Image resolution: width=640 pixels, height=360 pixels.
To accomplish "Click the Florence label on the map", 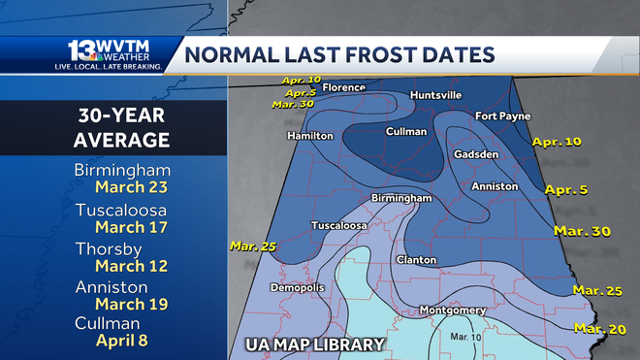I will [x=344, y=86].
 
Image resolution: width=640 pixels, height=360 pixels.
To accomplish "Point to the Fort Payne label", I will [x=500, y=116].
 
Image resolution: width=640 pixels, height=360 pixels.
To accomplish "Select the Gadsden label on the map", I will [x=476, y=154].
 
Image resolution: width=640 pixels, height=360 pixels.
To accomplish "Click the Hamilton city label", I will [x=311, y=136].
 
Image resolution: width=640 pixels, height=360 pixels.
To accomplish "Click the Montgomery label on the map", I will [x=452, y=311].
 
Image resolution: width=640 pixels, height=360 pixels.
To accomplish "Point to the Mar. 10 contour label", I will [x=438, y=336].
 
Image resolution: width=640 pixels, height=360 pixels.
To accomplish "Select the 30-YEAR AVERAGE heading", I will [x=121, y=128].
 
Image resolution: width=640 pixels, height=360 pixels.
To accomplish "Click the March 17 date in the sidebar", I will [x=121, y=228].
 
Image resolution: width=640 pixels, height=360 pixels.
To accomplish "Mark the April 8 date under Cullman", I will [x=121, y=341].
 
